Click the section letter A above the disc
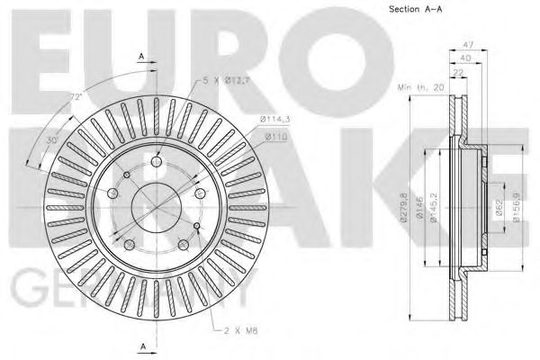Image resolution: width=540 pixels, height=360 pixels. point(141,56)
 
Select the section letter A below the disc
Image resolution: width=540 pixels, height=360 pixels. point(142,346)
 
